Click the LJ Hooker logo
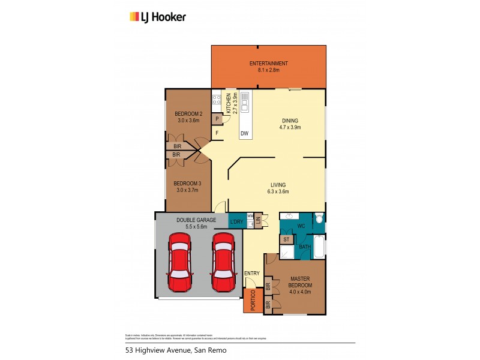pos(158,17)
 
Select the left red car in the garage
pos(179,260)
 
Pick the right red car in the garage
pos(222,260)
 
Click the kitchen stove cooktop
pos(216,102)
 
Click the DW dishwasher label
pos(244,133)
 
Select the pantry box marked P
pos(217,119)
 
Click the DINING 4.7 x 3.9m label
pos(291,124)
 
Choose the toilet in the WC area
pos(319,219)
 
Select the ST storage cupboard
pos(287,239)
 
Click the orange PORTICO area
pos(252,301)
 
